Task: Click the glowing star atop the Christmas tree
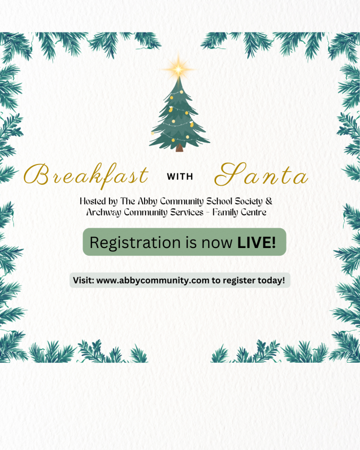pos(178,69)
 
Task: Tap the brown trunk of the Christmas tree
pos(180,147)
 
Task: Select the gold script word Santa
pos(261,175)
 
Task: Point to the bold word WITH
pos(180,177)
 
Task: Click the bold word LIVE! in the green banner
pos(256,242)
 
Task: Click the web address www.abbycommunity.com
pos(153,280)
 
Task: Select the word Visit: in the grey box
pos(84,280)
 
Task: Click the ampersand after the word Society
pos(269,201)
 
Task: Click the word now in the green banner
pos(217,243)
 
